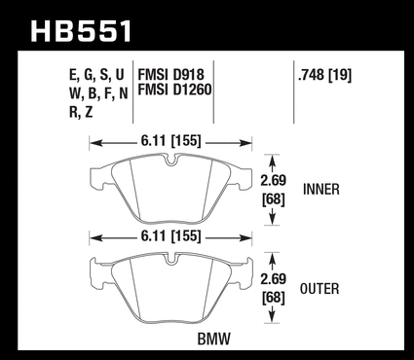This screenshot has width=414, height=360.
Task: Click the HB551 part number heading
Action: click(81, 30)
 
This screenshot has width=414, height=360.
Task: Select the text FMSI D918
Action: click(171, 75)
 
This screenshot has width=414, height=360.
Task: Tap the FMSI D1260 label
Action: click(174, 90)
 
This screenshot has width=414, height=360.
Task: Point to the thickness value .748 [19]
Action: click(324, 76)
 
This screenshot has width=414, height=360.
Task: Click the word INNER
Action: click(321, 189)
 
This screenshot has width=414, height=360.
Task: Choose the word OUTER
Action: click(320, 289)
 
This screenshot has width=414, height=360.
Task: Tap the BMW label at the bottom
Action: click(214, 340)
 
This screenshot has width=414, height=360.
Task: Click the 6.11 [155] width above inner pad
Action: click(171, 141)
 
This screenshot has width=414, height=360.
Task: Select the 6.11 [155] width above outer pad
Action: click(171, 235)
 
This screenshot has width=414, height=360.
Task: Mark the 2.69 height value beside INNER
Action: click(273, 180)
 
